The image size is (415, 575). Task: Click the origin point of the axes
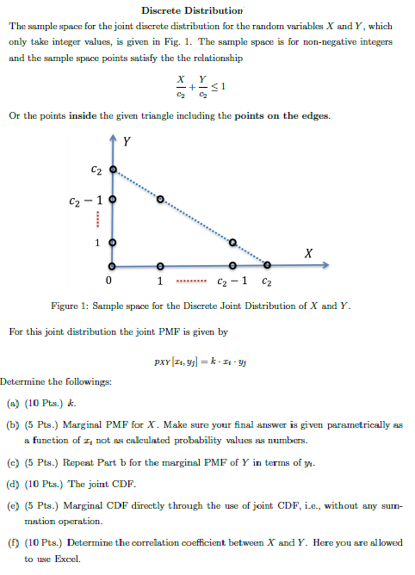pyautogui.click(x=112, y=265)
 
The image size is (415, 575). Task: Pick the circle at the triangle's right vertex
pyautogui.click(x=267, y=265)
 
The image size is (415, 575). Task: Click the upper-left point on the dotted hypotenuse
pyautogui.click(x=159, y=200)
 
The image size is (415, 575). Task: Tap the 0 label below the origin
pyautogui.click(x=108, y=281)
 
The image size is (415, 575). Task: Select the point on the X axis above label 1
pyautogui.click(x=159, y=265)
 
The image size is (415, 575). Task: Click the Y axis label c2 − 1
pyautogui.click(x=85, y=201)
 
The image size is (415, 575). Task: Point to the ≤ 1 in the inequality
pyautogui.click(x=221, y=86)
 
